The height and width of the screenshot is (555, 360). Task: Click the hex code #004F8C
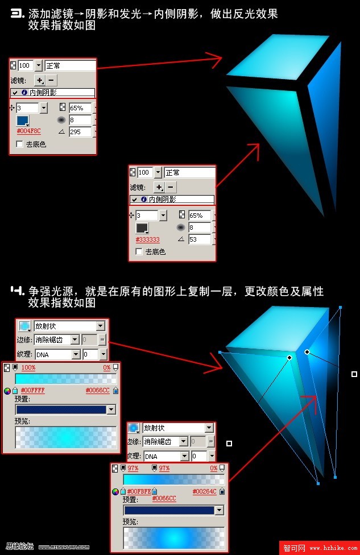pos(28,131)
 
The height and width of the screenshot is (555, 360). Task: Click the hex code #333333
pos(147,239)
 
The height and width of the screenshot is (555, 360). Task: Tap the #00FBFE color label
pos(139,491)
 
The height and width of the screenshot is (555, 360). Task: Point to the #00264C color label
pos(204,491)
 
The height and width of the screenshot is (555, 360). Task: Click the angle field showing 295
pos(80,132)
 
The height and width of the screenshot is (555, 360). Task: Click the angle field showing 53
pos(200,239)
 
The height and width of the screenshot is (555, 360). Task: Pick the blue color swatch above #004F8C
pos(23,121)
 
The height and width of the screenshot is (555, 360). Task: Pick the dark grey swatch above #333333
pos(142,229)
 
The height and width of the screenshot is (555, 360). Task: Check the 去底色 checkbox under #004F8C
pos(20,144)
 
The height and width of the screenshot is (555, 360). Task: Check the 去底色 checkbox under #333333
pos(139,251)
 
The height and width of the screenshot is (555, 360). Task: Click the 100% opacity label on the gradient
pos(28,368)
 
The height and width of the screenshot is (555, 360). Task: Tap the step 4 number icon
pos(17,291)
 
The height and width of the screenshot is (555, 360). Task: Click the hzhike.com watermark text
pos(333,548)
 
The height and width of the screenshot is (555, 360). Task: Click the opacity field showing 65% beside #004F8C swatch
pos(80,107)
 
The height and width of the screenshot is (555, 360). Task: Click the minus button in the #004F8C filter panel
pos(51,80)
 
